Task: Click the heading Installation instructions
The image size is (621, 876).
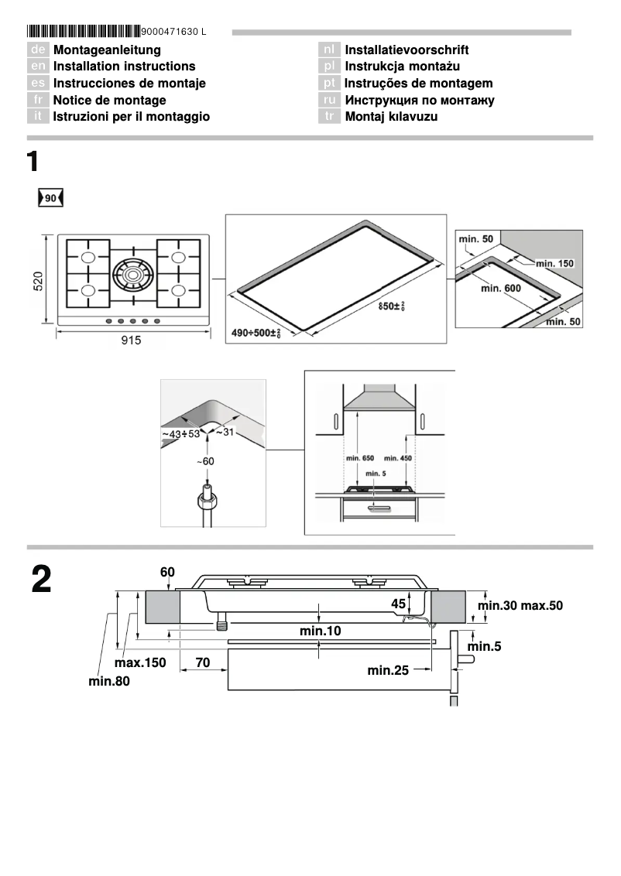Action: (124, 67)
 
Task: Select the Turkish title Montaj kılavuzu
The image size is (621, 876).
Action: (391, 117)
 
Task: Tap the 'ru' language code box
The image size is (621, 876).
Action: (330, 101)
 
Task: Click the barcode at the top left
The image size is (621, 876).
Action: (84, 32)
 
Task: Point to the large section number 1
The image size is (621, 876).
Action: (33, 163)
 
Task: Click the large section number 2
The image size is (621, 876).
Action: (42, 580)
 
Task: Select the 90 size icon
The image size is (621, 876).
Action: (50, 198)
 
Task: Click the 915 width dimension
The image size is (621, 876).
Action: (131, 340)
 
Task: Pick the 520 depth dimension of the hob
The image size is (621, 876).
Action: (38, 280)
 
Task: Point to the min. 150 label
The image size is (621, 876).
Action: (554, 264)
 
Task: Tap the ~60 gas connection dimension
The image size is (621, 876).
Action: (204, 461)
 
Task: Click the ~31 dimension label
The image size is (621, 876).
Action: (224, 432)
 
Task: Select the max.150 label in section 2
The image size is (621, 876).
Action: (140, 663)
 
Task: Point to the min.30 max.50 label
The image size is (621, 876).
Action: (520, 605)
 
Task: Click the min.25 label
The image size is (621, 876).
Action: (388, 670)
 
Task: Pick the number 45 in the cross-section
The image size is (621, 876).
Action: (398, 603)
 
